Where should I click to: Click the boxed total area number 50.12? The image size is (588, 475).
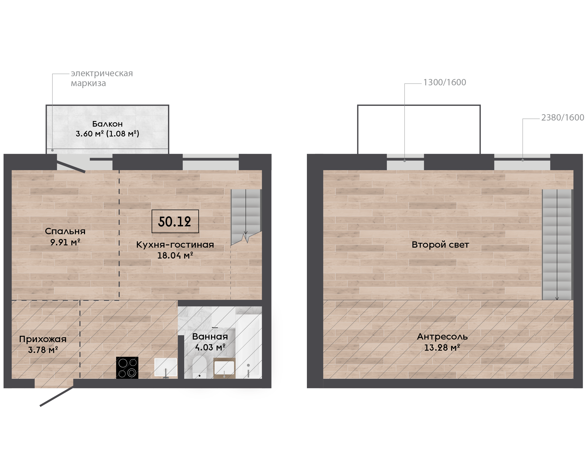[x=175, y=222]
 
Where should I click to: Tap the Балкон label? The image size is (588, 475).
[x=108, y=124]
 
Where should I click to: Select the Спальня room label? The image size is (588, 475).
[x=65, y=231]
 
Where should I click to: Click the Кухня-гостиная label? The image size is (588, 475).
[x=175, y=245]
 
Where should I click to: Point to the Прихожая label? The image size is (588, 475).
[x=43, y=339]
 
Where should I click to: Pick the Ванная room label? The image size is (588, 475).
[x=210, y=337]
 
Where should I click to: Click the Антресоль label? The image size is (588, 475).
[x=442, y=337]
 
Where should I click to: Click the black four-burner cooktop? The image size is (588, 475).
[x=127, y=368]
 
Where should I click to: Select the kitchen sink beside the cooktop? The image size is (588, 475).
[x=166, y=368]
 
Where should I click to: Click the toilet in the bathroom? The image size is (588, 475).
[x=199, y=367]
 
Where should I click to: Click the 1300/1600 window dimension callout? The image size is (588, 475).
[x=445, y=82]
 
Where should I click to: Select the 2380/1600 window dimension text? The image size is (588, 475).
[x=563, y=117]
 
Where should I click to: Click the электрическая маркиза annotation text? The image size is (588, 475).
[x=102, y=78]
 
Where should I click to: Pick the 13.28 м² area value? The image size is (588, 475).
[x=442, y=348]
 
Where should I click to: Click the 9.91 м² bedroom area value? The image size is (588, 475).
[x=65, y=242]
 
